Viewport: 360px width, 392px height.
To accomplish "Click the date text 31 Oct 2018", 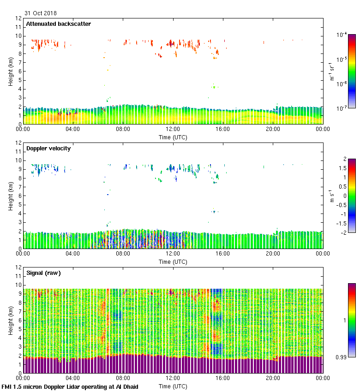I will pos(41,13).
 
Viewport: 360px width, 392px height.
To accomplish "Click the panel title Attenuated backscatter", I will pos(58,24).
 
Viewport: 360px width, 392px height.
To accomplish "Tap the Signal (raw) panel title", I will pos(43,273).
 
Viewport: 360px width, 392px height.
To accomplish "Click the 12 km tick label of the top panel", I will pos(18,18).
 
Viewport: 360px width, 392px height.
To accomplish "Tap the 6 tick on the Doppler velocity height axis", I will pos(20,196).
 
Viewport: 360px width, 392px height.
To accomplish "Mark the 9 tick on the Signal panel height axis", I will pos(20,294).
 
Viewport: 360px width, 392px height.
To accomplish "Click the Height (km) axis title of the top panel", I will pos(10,71).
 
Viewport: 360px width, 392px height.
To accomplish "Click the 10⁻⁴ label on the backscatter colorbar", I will pos(342,35).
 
